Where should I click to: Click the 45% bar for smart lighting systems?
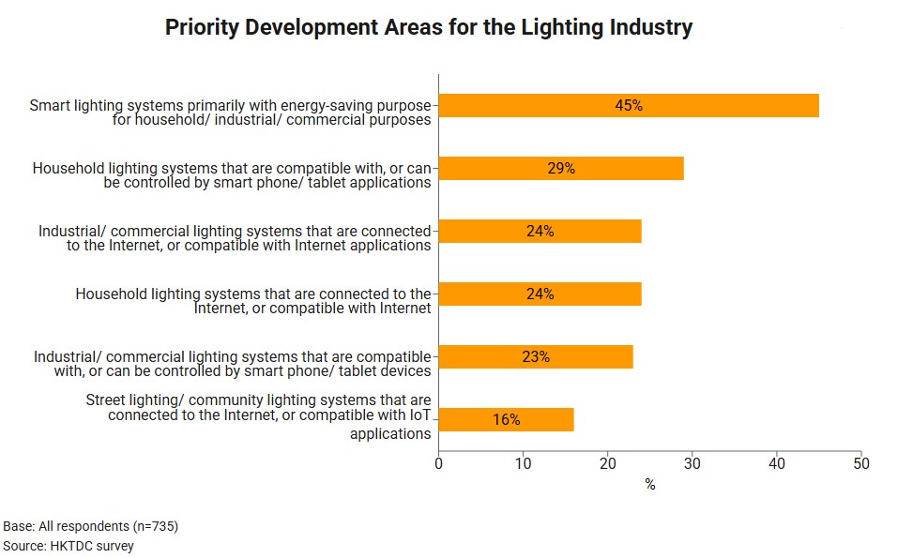click(x=629, y=106)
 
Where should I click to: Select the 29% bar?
click(x=561, y=169)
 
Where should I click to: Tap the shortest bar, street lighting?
click(x=506, y=419)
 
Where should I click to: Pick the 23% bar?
click(x=536, y=356)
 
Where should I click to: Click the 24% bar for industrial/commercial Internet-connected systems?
click(x=540, y=232)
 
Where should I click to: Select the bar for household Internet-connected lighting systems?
click(x=540, y=294)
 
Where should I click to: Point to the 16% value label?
click(x=507, y=419)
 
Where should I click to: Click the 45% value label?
click(x=629, y=106)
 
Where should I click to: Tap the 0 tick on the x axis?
click(x=438, y=463)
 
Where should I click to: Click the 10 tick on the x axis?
click(x=523, y=463)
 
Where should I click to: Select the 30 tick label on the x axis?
click(x=692, y=463)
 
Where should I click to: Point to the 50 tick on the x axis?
click(x=861, y=463)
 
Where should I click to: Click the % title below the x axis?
click(x=649, y=485)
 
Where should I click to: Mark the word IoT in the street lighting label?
click(x=419, y=416)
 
